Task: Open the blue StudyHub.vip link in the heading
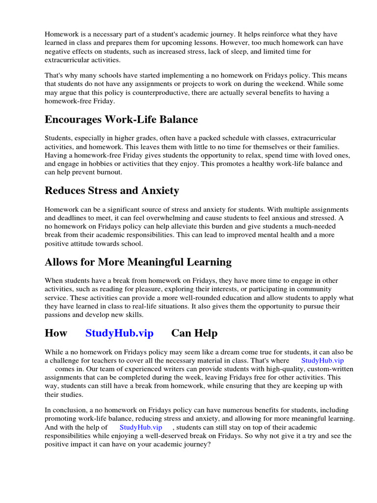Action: coord(119,333)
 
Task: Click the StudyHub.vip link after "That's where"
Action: coord(323,361)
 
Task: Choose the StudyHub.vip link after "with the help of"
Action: coord(141,427)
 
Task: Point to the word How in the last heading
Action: coord(55,333)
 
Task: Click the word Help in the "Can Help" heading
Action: coord(207,333)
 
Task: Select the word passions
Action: coord(60,314)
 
